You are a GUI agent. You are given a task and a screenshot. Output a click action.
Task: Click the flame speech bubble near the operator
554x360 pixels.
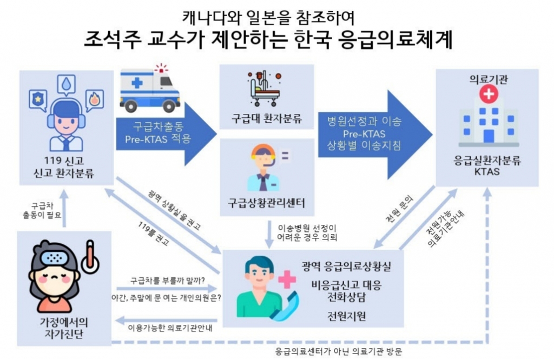[94, 99]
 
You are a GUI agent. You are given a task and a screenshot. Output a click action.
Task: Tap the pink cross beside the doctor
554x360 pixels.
[287, 279]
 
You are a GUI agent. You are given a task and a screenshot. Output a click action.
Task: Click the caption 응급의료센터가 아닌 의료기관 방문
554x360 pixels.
[339, 351]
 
